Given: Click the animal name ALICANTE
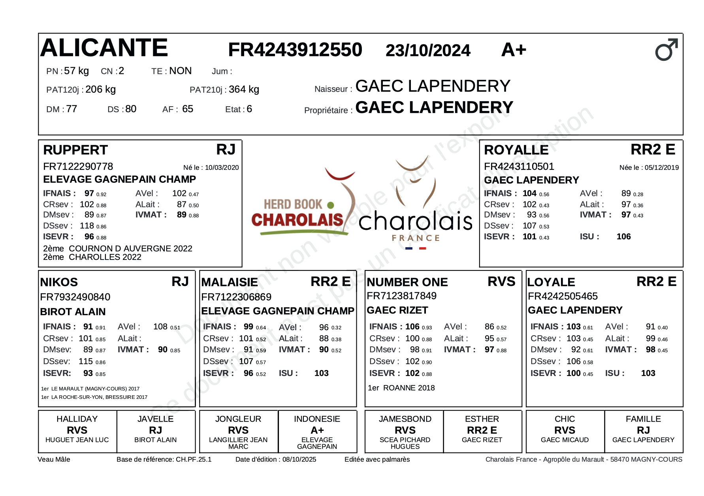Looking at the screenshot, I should [x=104, y=48].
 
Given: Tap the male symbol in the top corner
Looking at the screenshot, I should [x=666, y=50].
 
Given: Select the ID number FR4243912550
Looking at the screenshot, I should [x=295, y=50].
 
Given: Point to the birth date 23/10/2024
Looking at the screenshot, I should [x=428, y=51].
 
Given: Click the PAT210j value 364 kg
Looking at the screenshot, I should [x=244, y=90].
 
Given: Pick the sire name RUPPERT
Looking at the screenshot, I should [x=75, y=150].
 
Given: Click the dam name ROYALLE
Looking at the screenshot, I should [x=516, y=150].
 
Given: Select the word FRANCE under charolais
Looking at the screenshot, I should [x=416, y=238].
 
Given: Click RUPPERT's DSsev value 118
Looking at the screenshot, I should [x=87, y=226].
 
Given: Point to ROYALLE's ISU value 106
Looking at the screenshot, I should [x=623, y=237].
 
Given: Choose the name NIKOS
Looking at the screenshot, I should [x=59, y=282].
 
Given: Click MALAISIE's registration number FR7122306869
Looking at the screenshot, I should [x=236, y=297].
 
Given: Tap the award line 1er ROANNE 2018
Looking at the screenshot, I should [x=401, y=388].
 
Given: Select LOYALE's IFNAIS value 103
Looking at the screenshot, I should [x=573, y=327].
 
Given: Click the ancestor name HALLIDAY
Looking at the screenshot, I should [x=77, y=419].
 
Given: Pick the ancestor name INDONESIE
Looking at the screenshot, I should [x=317, y=419].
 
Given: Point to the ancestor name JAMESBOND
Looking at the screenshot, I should [x=405, y=419].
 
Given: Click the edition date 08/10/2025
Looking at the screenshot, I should [x=299, y=459].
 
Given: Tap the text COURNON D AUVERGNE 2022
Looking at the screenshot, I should [x=130, y=248].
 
